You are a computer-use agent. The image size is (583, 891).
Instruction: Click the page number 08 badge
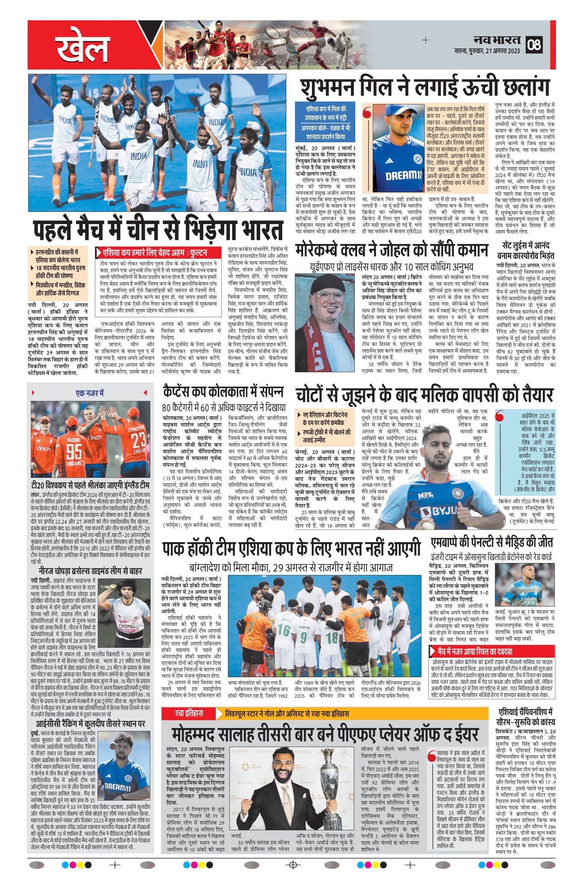click(534, 44)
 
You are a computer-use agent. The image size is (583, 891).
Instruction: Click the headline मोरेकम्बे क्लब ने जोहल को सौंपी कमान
click(392, 251)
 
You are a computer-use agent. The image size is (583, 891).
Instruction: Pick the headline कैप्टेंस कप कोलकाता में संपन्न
click(223, 391)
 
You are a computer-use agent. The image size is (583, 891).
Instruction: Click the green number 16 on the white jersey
click(284, 630)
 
